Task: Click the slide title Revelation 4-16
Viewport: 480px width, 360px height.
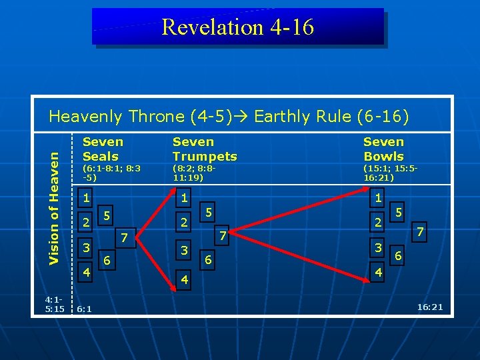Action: pos(237,27)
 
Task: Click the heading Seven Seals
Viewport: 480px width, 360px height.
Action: pos(103,149)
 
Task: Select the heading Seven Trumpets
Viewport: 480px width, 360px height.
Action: pos(204,149)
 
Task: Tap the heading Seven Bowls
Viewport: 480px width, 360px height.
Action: pos(383,149)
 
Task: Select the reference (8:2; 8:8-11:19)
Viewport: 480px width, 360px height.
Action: pos(195,173)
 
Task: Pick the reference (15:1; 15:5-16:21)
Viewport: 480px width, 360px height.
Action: pos(390,173)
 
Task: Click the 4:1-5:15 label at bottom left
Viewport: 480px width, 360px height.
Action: pos(55,304)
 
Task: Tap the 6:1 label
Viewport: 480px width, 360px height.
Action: pos(85,309)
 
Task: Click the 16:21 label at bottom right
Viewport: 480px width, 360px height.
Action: pos(429,307)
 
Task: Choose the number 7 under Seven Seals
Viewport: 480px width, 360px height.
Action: pos(123,237)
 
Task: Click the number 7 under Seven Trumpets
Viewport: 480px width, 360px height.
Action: pos(224,235)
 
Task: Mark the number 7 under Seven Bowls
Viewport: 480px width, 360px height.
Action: pos(419,233)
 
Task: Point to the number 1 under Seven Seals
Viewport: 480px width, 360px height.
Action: pos(85,198)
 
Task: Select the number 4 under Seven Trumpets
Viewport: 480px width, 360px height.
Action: pos(185,280)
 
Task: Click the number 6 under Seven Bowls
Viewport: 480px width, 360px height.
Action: pos(399,256)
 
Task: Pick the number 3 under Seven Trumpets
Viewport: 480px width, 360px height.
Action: pos(185,250)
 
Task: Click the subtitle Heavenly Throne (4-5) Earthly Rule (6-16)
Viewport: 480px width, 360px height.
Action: pos(229,117)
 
